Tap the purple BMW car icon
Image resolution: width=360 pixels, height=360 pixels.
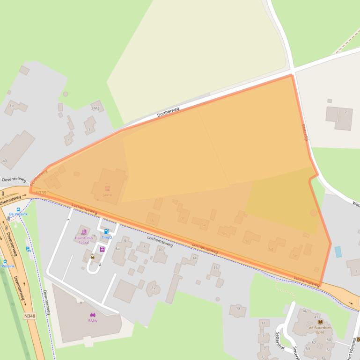click(x=93, y=315)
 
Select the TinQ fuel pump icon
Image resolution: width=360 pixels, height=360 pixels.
click(x=106, y=231)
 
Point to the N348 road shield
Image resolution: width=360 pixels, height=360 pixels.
click(x=29, y=316)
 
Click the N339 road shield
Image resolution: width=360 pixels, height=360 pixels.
click(x=41, y=193)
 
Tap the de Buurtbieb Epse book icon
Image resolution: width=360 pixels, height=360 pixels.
click(x=320, y=322)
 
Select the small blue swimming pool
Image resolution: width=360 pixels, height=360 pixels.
click(x=338, y=252)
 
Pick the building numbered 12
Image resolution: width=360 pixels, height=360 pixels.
click(x=153, y=288)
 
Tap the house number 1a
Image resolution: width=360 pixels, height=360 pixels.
click(x=11, y=106)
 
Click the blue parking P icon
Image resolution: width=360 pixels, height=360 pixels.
click(x=28, y=249)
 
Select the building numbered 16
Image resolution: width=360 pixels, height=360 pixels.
click(x=215, y=268)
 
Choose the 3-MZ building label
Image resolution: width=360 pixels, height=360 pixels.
click(x=95, y=108)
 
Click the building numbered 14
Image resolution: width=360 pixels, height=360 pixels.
click(x=194, y=258)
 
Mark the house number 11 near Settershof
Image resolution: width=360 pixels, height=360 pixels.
click(x=263, y=323)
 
